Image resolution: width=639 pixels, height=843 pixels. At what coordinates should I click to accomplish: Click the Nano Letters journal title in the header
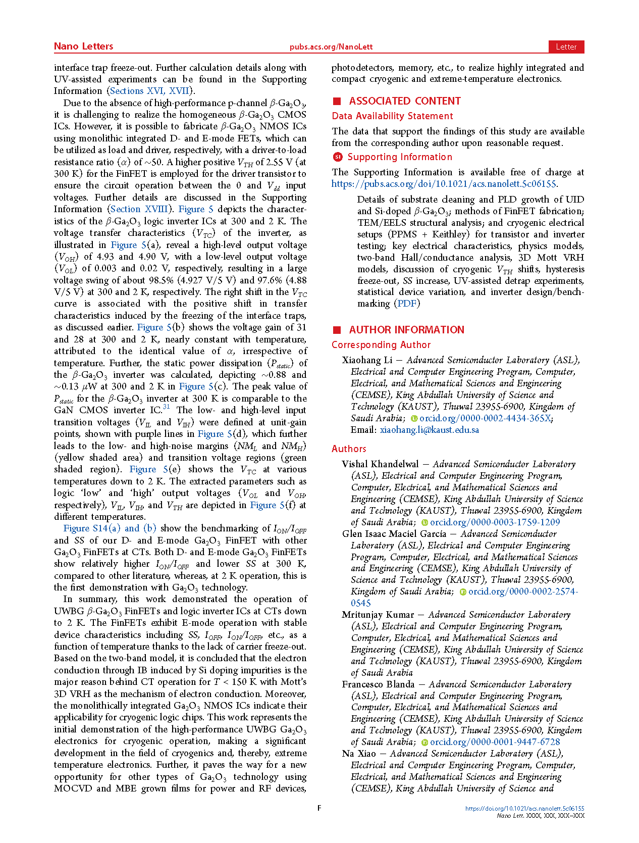click(x=83, y=46)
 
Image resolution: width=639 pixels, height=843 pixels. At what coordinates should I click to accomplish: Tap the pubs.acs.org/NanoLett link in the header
click(x=331, y=47)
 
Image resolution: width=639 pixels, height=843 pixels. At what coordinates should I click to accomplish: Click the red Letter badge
click(x=566, y=47)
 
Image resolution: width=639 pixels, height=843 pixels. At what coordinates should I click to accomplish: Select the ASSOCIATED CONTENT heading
click(x=405, y=101)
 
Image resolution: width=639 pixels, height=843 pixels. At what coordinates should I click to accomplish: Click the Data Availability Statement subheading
click(x=392, y=116)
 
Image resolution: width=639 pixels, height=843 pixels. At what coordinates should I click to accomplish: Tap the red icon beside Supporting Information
click(x=338, y=157)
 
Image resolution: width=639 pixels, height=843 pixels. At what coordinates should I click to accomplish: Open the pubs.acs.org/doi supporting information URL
click(x=444, y=184)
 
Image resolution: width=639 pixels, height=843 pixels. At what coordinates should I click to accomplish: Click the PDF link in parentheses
click(x=407, y=303)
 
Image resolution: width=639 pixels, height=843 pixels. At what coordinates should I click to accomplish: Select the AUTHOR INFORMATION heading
click(x=406, y=330)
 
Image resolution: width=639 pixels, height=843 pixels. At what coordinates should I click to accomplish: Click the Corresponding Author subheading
click(x=381, y=345)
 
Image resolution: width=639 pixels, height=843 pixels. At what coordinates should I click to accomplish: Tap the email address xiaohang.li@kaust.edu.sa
click(x=429, y=430)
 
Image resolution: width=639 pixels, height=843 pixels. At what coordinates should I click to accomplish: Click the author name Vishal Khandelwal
click(x=380, y=464)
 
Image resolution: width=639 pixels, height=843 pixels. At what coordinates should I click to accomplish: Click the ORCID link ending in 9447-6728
click(x=495, y=742)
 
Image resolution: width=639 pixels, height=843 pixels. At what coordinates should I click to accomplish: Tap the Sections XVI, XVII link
click(x=149, y=91)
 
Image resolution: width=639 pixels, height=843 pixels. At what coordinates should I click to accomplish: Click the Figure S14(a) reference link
click(x=92, y=528)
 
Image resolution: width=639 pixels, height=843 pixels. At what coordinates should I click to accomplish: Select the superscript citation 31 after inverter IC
click(x=166, y=407)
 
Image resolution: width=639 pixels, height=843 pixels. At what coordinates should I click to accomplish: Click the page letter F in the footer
click(x=320, y=808)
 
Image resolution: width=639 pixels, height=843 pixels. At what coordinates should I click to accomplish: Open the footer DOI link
click(x=524, y=808)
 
